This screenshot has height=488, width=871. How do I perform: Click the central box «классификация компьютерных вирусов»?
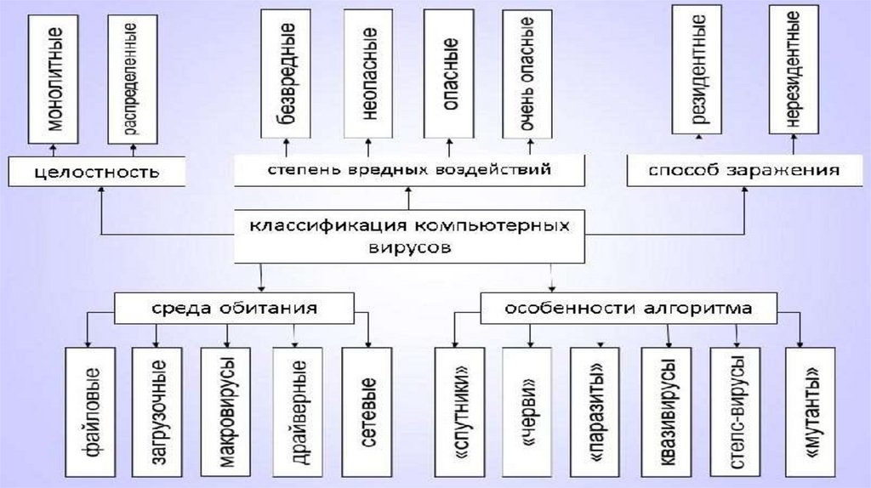tap(408, 236)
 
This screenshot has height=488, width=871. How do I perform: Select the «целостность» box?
tap(98, 173)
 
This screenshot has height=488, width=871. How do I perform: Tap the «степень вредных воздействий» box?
tap(408, 170)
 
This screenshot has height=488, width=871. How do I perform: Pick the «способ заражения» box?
tap(743, 170)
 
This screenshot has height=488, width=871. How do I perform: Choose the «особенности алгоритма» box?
tap(629, 309)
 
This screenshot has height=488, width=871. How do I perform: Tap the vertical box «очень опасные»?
tap(527, 75)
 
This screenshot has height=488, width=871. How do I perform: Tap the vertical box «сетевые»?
tap(367, 410)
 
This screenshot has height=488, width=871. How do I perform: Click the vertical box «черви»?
tap(527, 410)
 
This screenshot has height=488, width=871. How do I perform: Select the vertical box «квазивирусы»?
tap(667, 410)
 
